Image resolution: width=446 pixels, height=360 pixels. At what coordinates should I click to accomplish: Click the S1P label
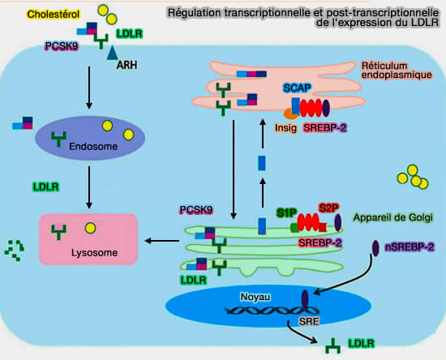[286, 212]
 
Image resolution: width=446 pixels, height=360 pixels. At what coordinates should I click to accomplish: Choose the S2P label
[328, 208]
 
